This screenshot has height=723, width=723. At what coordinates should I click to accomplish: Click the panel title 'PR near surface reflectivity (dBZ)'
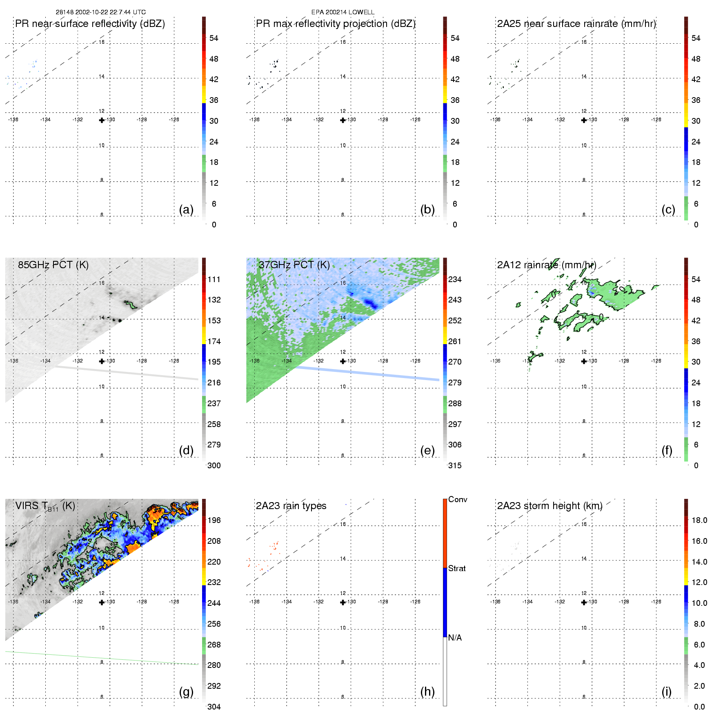click(x=90, y=24)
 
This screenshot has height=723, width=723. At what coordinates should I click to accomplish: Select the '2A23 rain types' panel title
click(x=291, y=506)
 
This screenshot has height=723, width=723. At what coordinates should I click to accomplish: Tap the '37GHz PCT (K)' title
click(x=294, y=265)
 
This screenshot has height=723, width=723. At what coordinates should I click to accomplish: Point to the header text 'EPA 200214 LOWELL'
click(x=343, y=12)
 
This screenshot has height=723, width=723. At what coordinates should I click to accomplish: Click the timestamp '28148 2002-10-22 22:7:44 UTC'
click(x=100, y=12)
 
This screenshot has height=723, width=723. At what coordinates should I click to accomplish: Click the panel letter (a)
click(x=186, y=210)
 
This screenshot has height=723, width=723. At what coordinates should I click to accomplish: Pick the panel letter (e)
click(x=427, y=451)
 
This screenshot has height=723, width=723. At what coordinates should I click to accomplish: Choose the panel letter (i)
click(x=666, y=692)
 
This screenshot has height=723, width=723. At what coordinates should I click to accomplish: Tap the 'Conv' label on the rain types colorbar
click(x=457, y=500)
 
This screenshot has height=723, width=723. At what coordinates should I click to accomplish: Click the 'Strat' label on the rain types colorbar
click(x=457, y=569)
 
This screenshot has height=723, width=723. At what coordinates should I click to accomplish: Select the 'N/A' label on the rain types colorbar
click(x=455, y=638)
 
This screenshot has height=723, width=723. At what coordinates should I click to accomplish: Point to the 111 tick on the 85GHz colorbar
click(x=214, y=280)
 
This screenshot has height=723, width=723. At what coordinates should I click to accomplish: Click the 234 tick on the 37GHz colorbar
click(x=455, y=280)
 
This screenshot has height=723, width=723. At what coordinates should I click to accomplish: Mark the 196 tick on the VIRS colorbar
click(x=214, y=521)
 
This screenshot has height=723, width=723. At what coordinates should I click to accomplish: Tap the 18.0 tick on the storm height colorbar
click(x=699, y=521)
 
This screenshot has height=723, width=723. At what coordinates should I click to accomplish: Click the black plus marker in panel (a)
click(x=102, y=120)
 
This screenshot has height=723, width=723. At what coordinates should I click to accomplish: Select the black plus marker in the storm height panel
click(x=584, y=602)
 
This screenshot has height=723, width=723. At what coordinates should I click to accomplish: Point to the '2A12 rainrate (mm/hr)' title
click(x=546, y=265)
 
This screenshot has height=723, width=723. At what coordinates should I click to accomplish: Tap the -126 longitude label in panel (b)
click(x=415, y=120)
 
